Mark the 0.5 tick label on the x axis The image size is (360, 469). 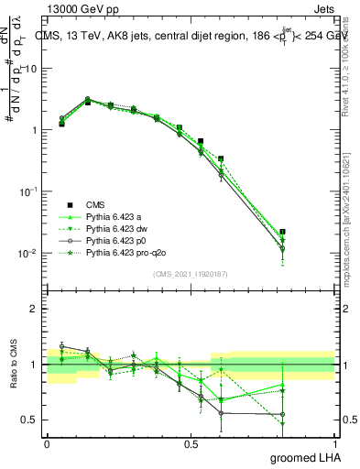(x=191, y=442)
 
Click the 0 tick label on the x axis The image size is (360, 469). (x=47, y=442)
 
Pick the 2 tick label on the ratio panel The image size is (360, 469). (x=34, y=309)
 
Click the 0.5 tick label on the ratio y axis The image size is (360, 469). (x=29, y=420)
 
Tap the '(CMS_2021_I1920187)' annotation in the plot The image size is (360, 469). (x=191, y=274)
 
